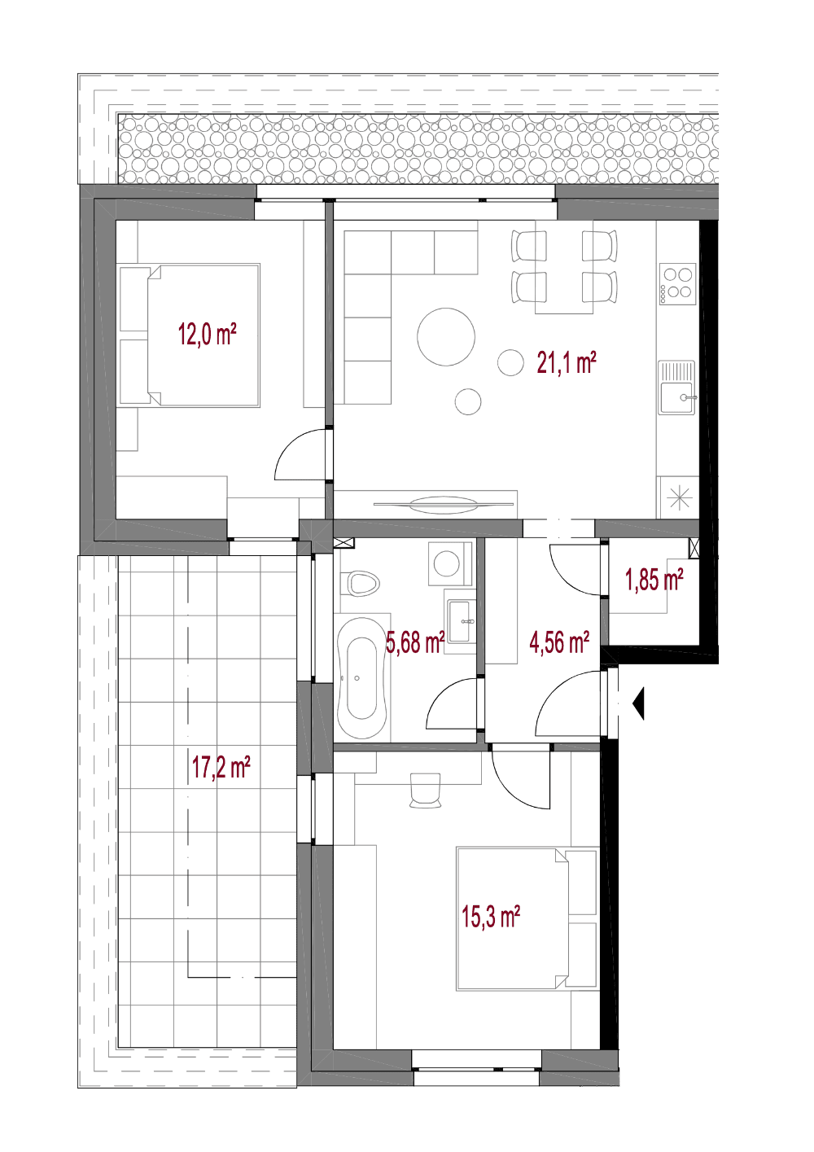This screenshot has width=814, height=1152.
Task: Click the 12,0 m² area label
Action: (x=208, y=335)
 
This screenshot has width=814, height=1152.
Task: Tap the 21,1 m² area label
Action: (x=567, y=362)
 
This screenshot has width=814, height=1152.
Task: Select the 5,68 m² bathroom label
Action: (x=415, y=642)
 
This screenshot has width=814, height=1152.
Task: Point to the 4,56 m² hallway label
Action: (x=559, y=642)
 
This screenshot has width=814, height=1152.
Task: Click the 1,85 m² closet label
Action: (x=654, y=580)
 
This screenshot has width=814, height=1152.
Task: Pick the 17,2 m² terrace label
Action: (x=221, y=768)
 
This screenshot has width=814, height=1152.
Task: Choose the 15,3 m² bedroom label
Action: (x=491, y=917)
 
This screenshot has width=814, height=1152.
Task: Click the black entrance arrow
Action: (x=638, y=703)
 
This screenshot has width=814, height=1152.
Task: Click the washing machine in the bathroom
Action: (x=450, y=563)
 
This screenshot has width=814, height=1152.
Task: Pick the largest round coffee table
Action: (x=446, y=337)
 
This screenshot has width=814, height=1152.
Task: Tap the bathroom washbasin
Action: (x=460, y=622)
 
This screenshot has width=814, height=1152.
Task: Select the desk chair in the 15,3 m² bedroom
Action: (x=425, y=789)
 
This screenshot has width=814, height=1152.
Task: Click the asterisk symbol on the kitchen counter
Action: (x=679, y=497)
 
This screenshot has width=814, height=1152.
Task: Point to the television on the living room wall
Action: (x=444, y=503)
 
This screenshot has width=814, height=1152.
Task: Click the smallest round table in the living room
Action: (x=468, y=401)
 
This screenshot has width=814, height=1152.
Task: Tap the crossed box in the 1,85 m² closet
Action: (x=694, y=548)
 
